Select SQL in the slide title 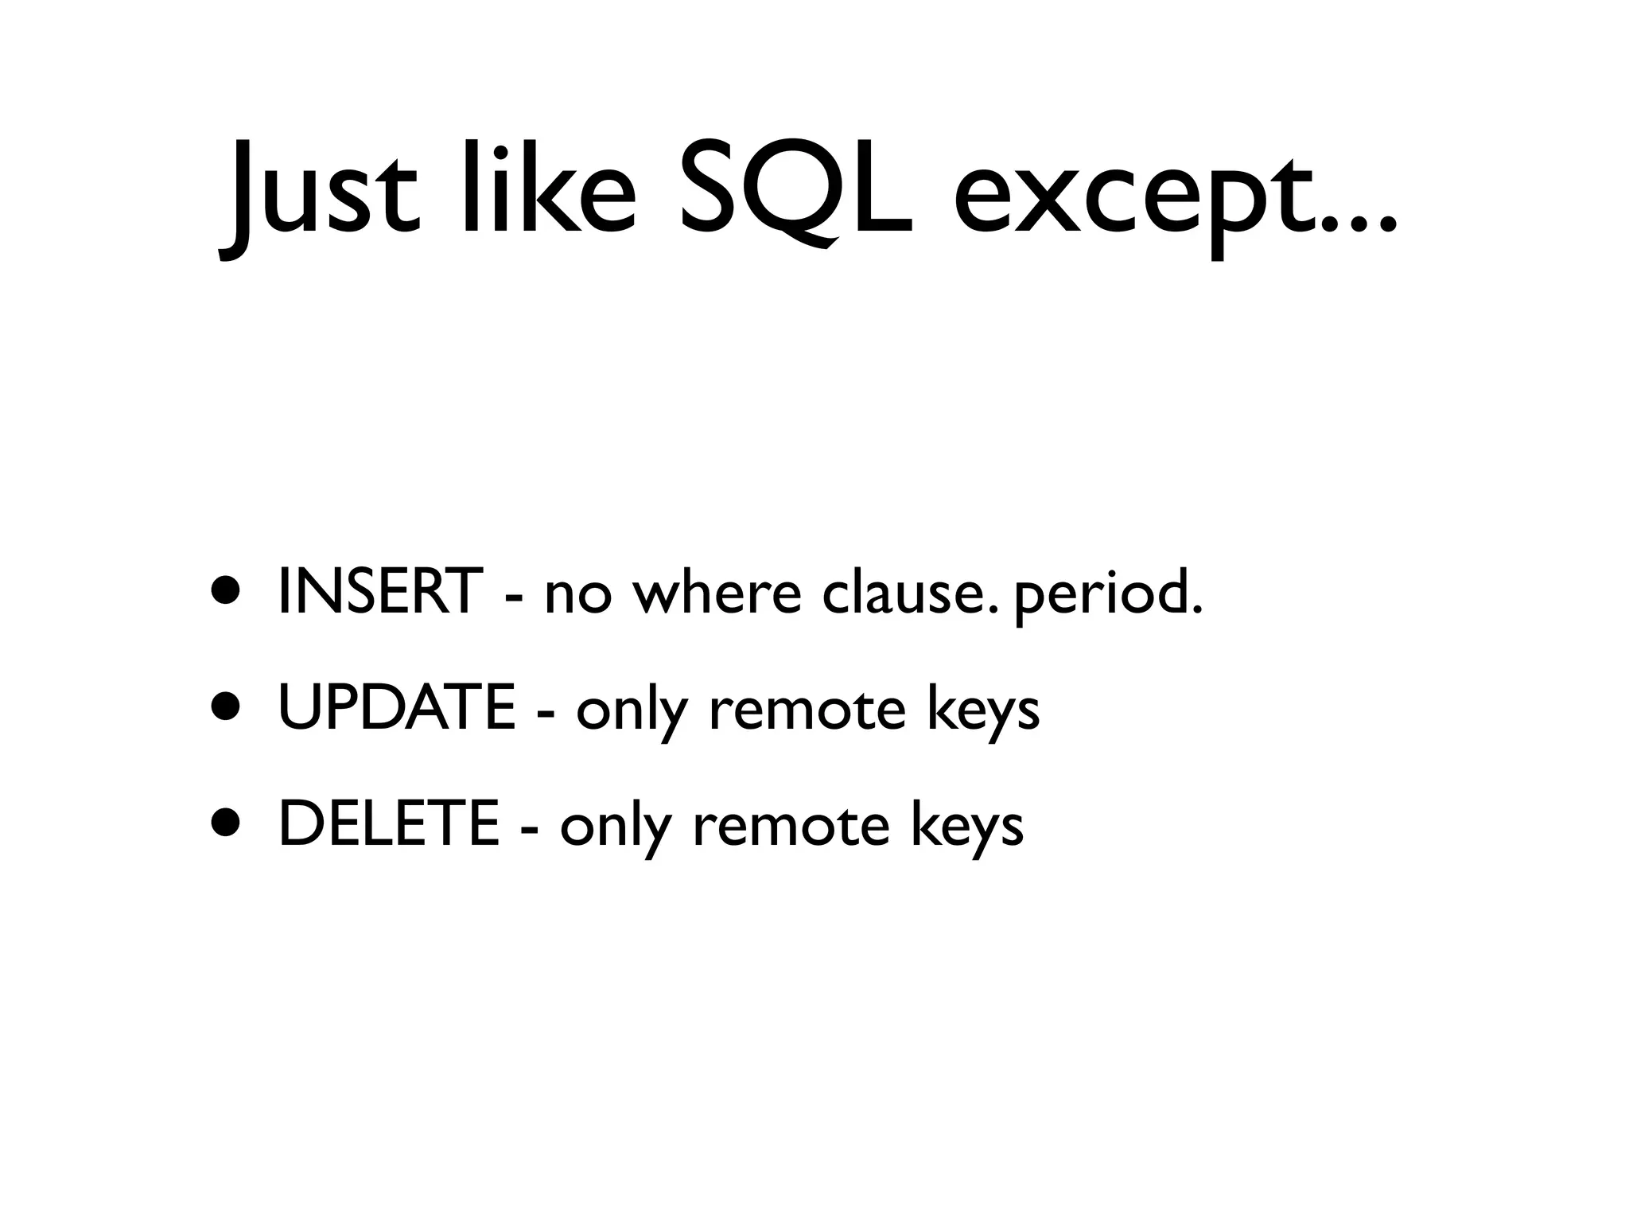click(795, 191)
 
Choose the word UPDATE click(397, 707)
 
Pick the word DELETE click(389, 824)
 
